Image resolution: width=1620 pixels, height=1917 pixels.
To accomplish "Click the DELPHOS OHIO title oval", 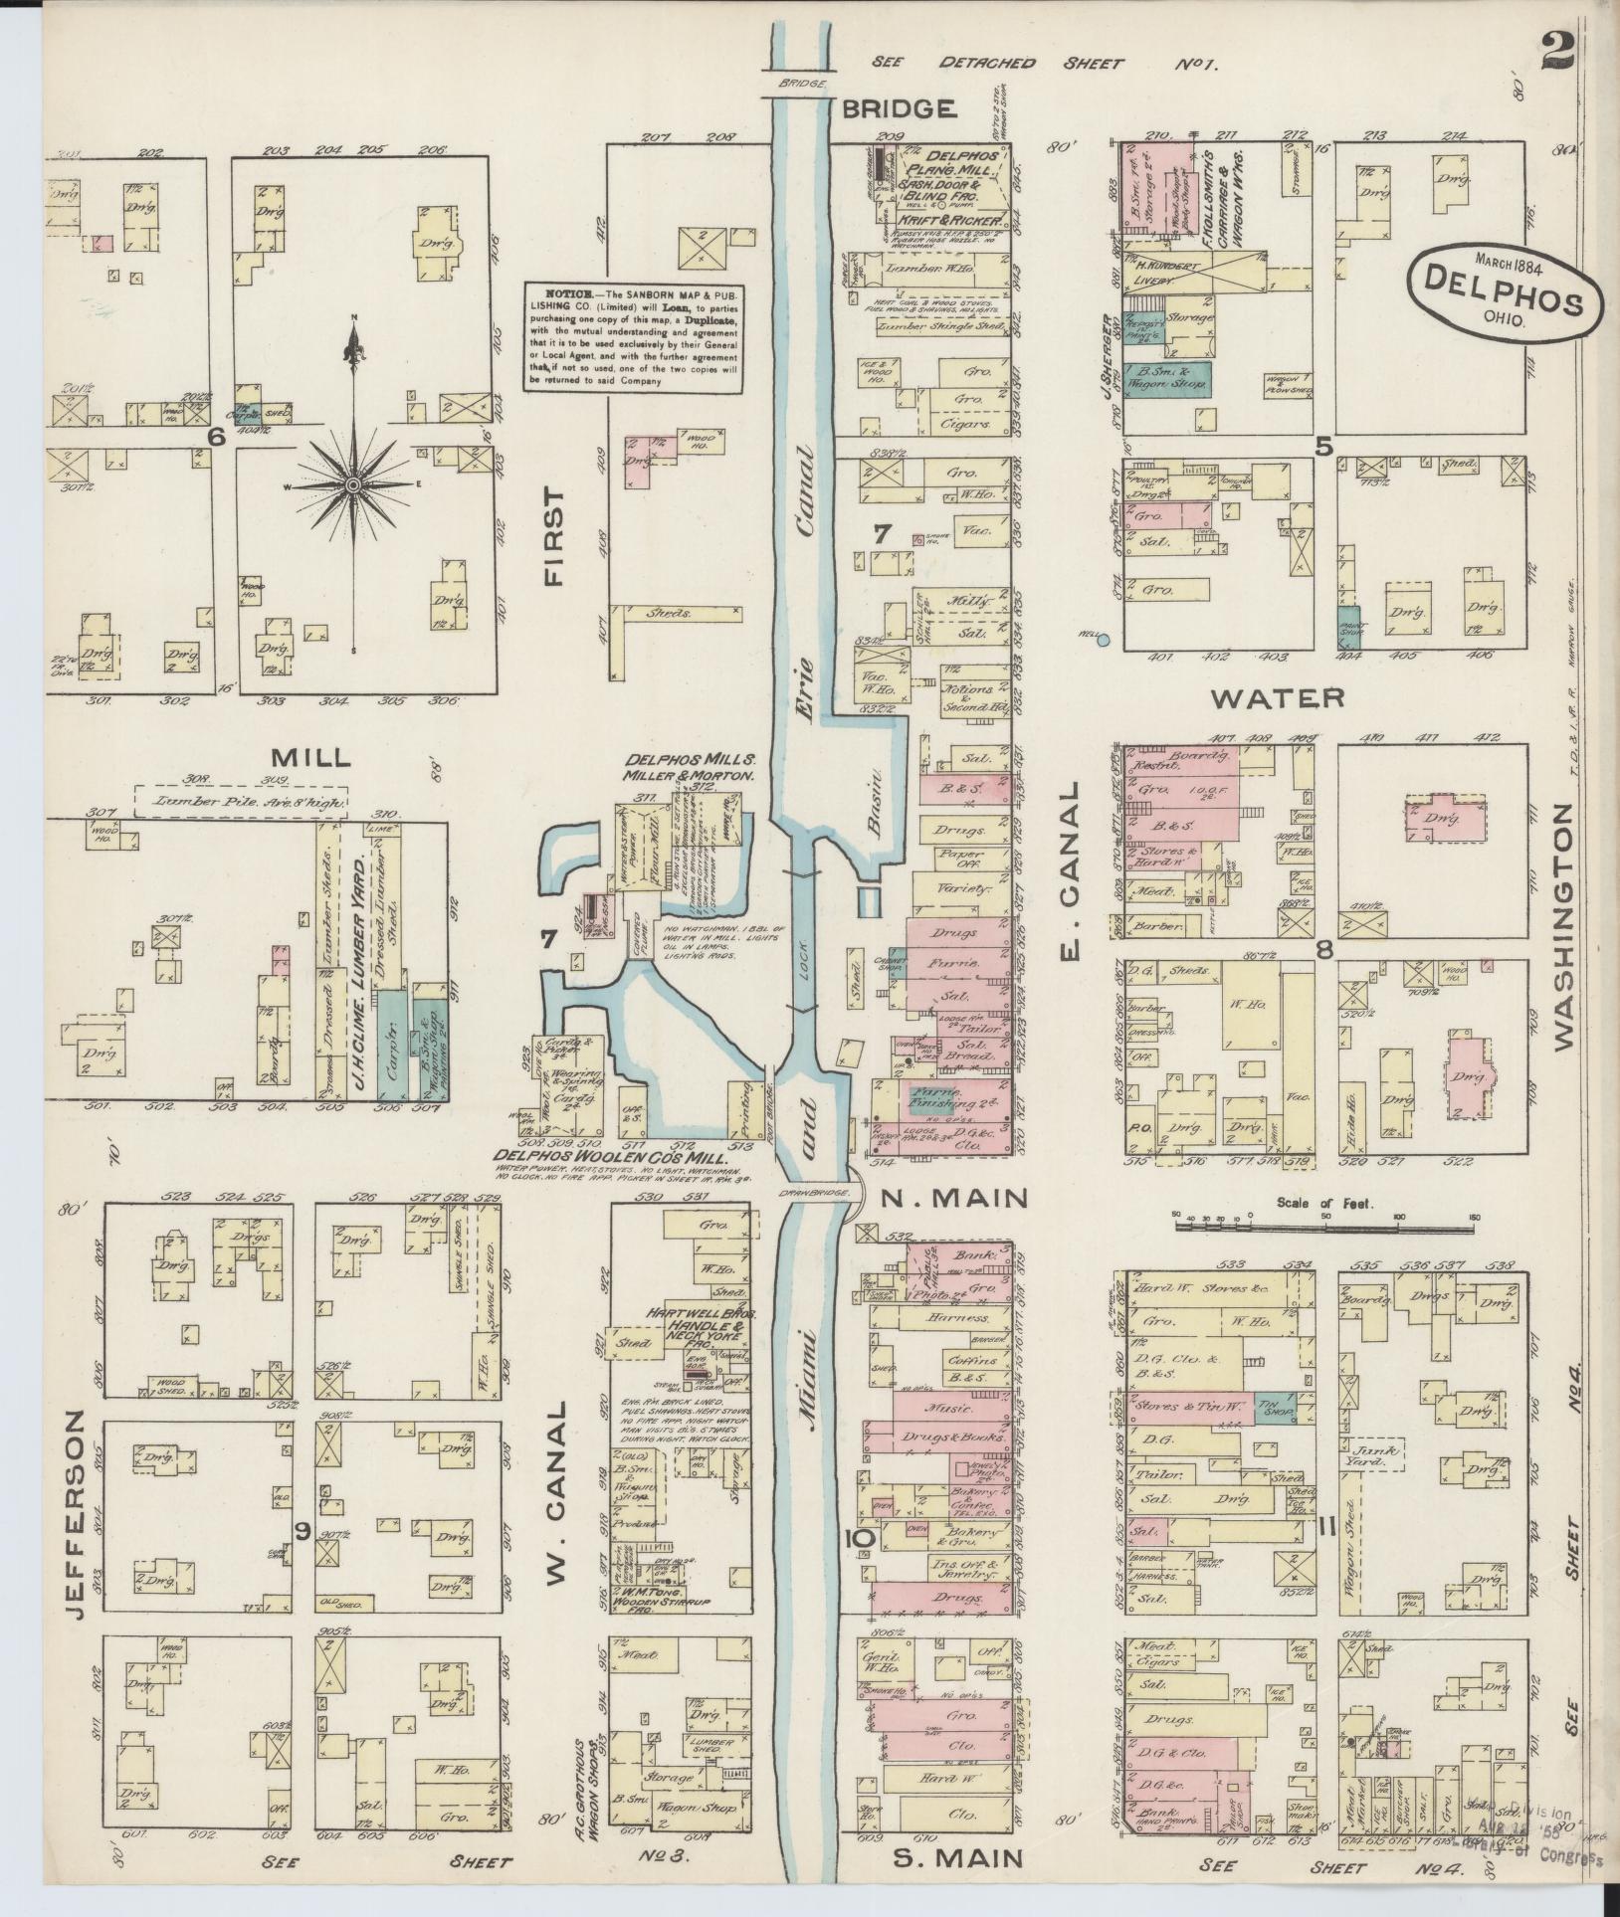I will click(1504, 294).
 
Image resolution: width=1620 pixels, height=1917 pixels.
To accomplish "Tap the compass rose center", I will click(351, 483).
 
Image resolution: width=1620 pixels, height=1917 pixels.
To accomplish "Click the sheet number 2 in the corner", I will click(1556, 52).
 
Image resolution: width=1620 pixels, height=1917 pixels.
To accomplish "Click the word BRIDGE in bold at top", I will click(899, 108).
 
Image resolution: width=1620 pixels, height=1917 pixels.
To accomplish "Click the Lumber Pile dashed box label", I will click(240, 800).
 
